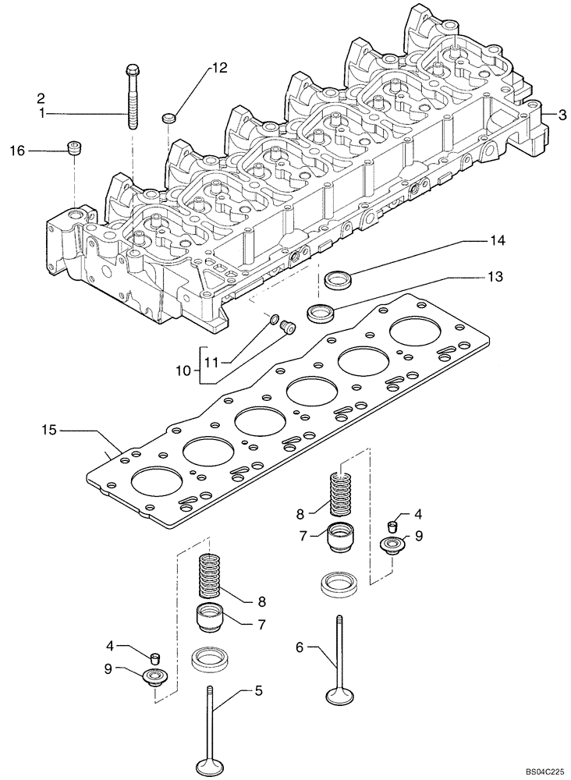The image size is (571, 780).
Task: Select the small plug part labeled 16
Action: [x=75, y=147]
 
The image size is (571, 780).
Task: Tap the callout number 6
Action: [x=301, y=647]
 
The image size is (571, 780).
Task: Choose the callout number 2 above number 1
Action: [x=39, y=98]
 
